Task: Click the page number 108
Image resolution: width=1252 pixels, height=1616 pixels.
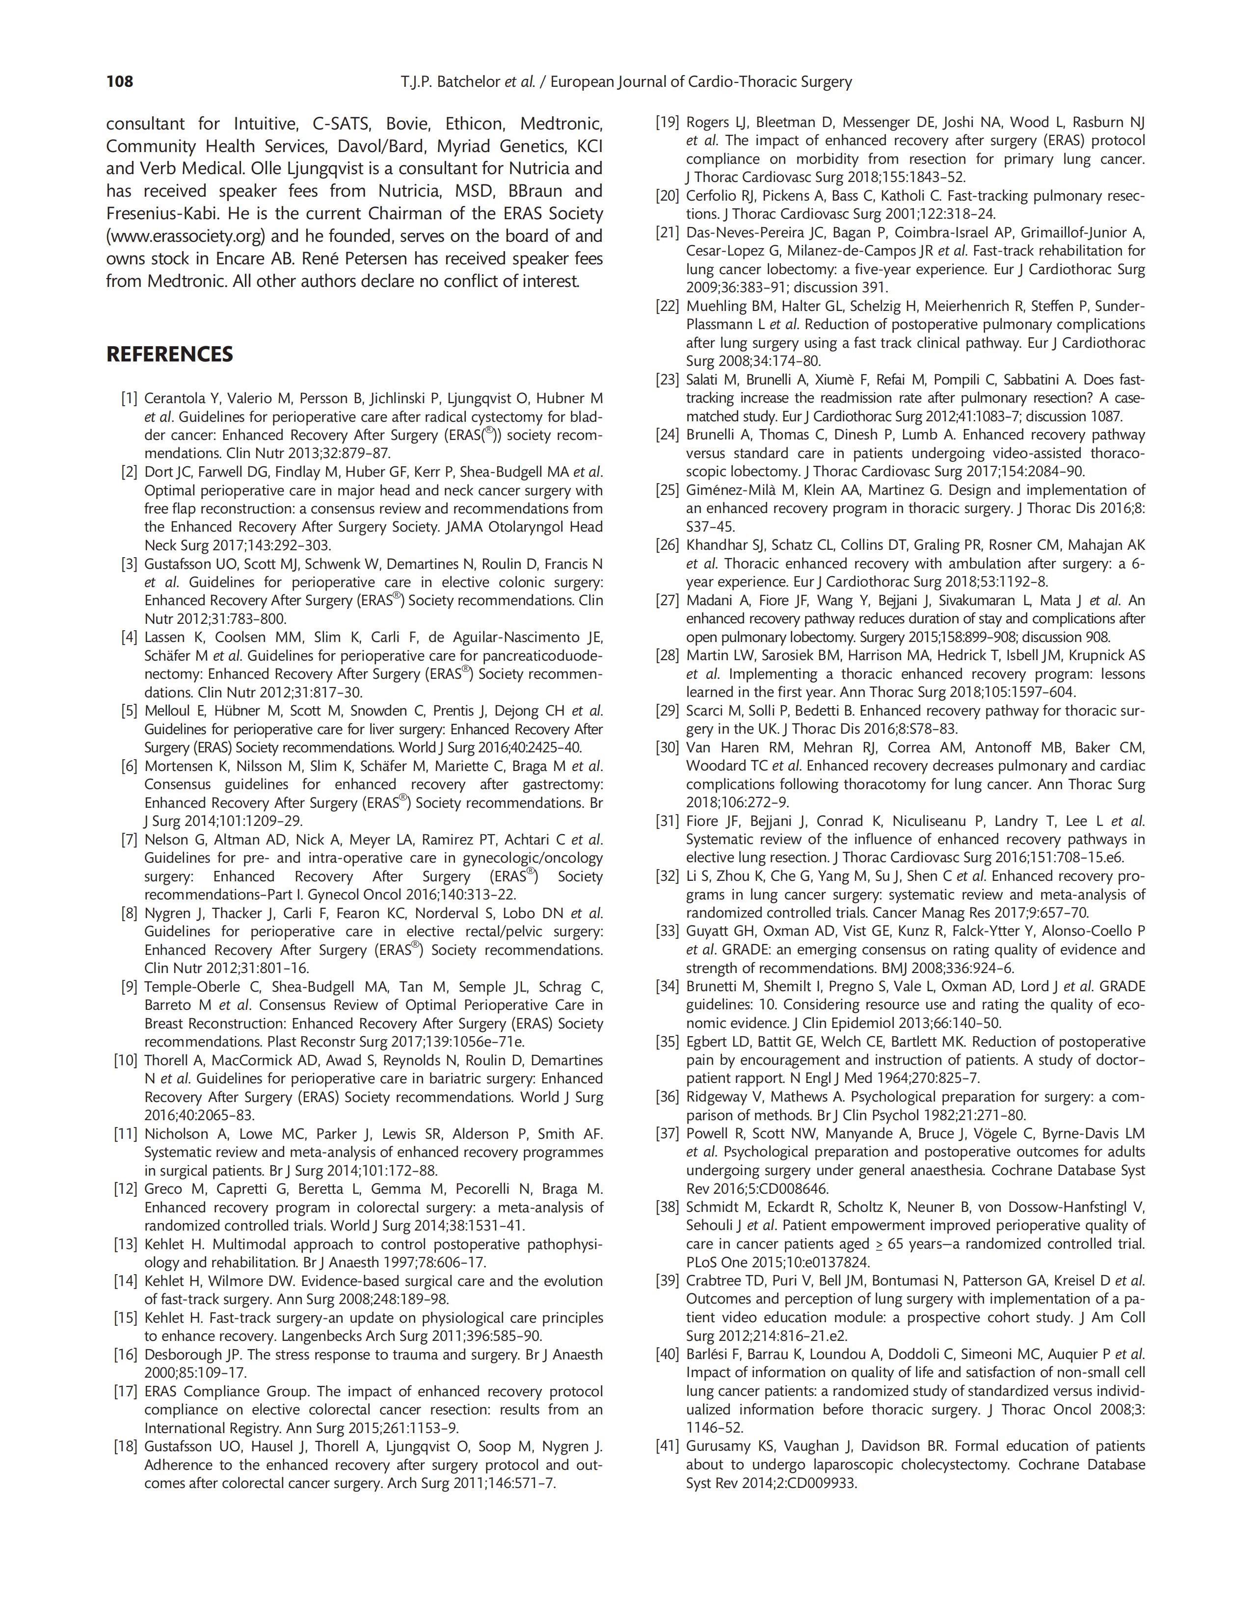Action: pos(119,81)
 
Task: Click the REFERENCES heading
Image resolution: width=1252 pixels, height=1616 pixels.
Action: pos(169,355)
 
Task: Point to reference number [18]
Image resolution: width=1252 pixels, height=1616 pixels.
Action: pos(126,1447)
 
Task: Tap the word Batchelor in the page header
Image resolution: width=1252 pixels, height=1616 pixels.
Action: pos(466,81)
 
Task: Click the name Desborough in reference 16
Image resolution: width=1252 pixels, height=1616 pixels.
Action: pos(183,1355)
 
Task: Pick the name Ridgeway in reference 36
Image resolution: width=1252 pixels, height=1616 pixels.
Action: pos(717,1097)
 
